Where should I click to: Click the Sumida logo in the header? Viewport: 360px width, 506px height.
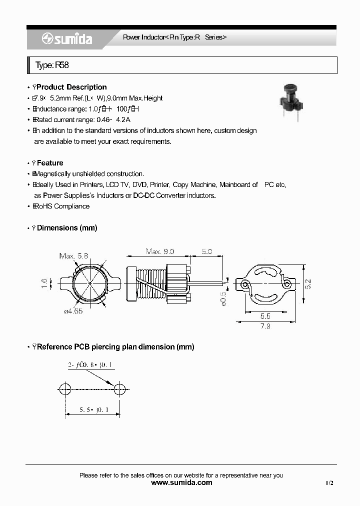(67, 39)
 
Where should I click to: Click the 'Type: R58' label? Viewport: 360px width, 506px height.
(49, 65)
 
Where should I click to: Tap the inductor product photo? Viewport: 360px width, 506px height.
(290, 103)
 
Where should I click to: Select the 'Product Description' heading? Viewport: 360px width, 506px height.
(71, 87)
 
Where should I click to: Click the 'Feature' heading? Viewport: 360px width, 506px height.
(50, 163)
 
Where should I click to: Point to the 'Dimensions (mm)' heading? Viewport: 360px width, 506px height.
(67, 228)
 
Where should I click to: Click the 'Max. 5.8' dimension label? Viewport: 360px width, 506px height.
(74, 256)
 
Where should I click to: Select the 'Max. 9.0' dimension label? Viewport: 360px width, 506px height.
(160, 251)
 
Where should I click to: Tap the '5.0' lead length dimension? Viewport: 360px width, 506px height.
(206, 251)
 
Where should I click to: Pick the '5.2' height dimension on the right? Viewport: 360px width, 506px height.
(308, 284)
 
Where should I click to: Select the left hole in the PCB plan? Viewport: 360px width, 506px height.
(64, 389)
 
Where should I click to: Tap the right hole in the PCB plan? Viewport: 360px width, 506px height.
(119, 389)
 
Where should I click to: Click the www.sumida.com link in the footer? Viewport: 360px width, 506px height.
(181, 482)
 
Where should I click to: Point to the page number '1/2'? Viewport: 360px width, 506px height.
(329, 483)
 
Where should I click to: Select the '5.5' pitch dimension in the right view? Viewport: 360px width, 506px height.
(265, 316)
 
